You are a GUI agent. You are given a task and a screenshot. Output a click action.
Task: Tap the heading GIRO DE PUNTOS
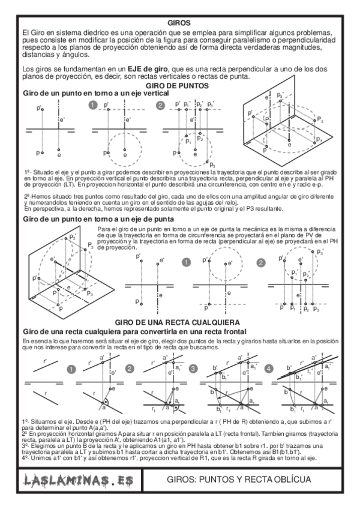pyautogui.click(x=181, y=86)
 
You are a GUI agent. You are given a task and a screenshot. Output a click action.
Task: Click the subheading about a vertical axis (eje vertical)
pyautogui.click(x=83, y=94)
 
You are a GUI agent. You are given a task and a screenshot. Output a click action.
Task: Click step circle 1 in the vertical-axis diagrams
pyautogui.click(x=93, y=106)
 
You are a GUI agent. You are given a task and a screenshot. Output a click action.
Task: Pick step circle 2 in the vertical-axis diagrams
pyautogui.click(x=160, y=106)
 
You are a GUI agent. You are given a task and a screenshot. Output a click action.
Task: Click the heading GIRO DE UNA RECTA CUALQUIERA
pyautogui.click(x=181, y=322)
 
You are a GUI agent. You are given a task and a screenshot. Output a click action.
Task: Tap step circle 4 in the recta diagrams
pyautogui.click(x=268, y=369)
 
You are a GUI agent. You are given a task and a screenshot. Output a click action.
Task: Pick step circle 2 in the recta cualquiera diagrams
pyautogui.click(x=130, y=369)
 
